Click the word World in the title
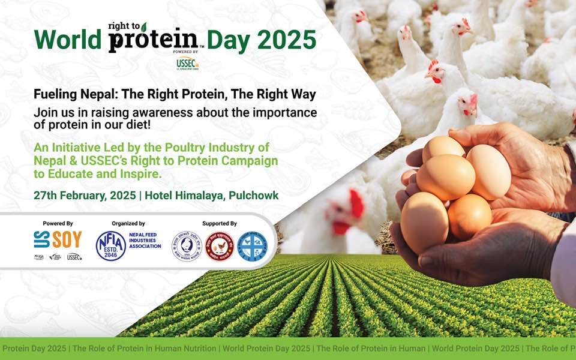point(67,40)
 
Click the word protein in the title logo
point(152,40)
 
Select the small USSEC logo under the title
point(187,62)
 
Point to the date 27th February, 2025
point(83,196)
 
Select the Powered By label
point(58,223)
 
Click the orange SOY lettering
point(67,240)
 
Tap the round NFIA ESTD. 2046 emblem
point(111,246)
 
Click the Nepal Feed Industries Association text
point(145,242)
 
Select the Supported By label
point(219,223)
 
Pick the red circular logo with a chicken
point(219,247)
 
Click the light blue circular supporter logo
point(252,247)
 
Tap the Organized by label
point(128,223)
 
